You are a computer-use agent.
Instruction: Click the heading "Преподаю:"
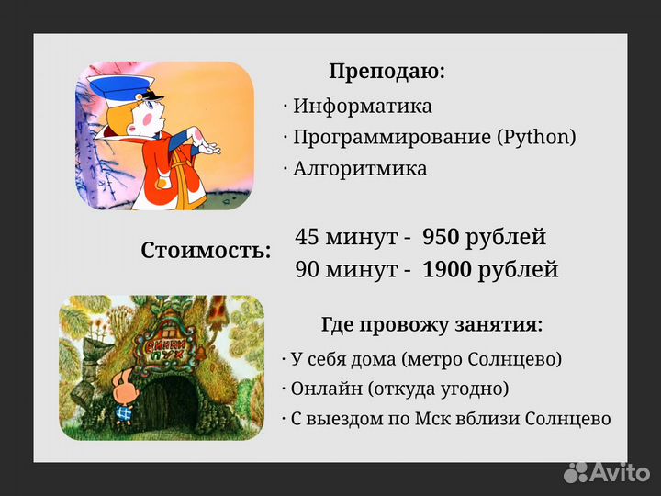[387, 72]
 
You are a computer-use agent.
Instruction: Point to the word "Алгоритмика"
[360, 169]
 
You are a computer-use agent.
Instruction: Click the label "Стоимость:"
[206, 251]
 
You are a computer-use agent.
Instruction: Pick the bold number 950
[441, 237]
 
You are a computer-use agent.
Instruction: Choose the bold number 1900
[447, 269]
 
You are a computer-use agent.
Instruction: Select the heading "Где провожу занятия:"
[431, 325]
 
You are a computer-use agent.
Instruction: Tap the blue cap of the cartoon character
[124, 91]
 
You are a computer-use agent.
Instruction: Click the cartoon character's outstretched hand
[208, 146]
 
